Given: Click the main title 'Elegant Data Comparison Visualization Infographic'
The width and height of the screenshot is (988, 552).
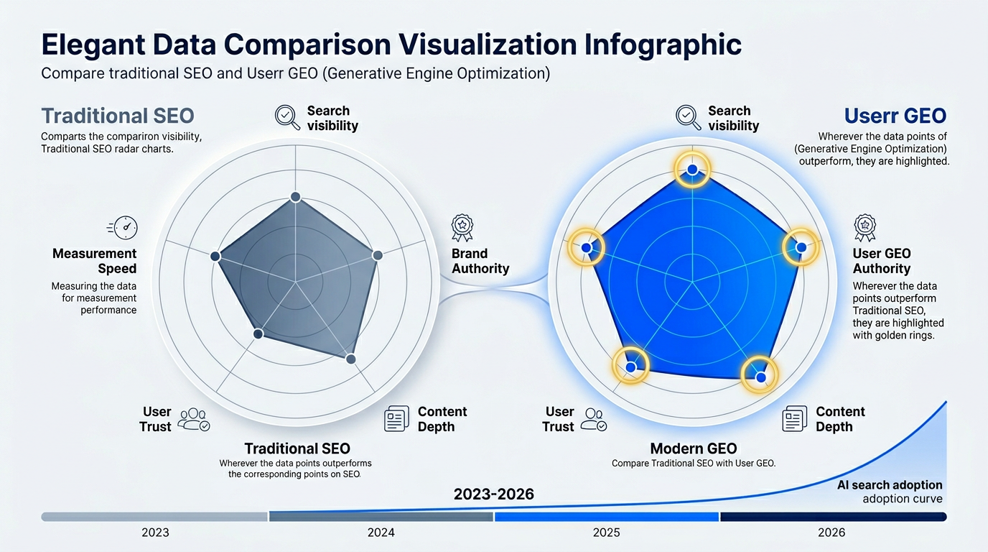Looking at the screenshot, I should pos(391,45).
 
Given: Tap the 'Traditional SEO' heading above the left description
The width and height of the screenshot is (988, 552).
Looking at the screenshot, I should pos(118,116).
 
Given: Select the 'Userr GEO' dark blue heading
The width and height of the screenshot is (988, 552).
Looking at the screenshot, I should pos(895,116).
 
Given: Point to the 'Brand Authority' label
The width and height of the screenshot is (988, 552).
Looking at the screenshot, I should pos(480,261).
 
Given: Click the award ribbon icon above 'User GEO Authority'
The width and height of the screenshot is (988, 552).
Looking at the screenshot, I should pos(865,227).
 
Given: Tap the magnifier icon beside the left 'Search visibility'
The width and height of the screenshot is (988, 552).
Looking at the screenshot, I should pos(287,116).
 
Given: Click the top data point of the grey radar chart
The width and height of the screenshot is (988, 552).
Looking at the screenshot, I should pos(294,197).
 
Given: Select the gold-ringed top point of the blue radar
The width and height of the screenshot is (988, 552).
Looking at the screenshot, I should pos(692,169).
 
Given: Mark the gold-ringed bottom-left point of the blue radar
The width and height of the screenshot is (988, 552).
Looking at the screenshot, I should pos(630,367).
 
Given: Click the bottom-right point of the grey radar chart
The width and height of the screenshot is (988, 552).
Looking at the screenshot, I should pos(350,358).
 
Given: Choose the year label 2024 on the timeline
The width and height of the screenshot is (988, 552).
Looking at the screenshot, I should pos(381,533).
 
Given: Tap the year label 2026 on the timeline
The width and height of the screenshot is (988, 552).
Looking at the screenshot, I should pos(831,533).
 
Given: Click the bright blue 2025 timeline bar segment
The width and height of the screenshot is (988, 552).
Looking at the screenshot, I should pos(607,517).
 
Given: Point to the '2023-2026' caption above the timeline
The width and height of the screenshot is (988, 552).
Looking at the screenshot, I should pos(494,494).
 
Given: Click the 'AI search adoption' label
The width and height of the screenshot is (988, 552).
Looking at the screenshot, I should pos(890,485).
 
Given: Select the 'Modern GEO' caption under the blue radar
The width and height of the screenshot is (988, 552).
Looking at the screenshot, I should pos(694,448).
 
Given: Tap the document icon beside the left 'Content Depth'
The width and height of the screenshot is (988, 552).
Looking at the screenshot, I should pos(396,418).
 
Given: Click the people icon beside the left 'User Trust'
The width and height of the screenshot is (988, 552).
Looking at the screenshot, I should pos(193,419).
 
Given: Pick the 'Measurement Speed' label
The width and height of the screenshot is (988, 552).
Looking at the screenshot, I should pos(94,261).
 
